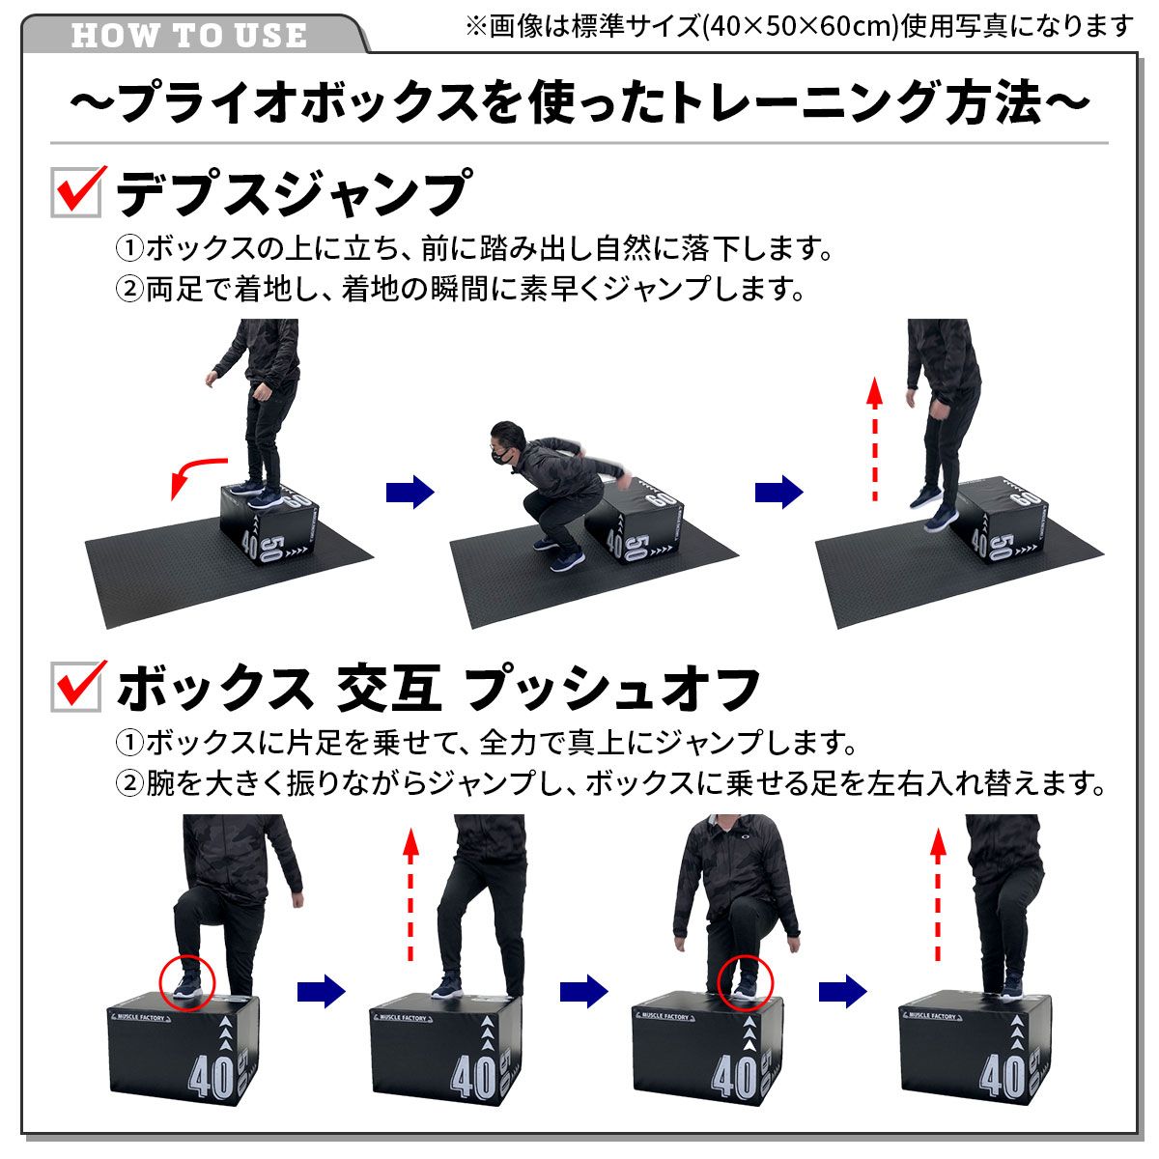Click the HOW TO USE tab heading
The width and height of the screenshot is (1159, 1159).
tap(189, 36)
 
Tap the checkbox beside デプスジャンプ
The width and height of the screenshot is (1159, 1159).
tap(76, 191)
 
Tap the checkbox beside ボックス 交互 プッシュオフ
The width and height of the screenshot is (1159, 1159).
tap(76, 687)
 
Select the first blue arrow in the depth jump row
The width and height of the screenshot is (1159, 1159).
tap(410, 492)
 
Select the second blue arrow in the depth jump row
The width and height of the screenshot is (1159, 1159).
tap(778, 492)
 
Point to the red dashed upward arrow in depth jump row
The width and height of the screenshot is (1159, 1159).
tap(875, 439)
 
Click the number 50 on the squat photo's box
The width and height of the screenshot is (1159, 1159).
tap(636, 549)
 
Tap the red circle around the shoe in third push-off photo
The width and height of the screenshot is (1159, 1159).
tap(746, 981)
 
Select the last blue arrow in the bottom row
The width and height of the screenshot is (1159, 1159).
tap(842, 991)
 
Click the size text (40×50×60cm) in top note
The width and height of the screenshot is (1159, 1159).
tap(798, 26)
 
